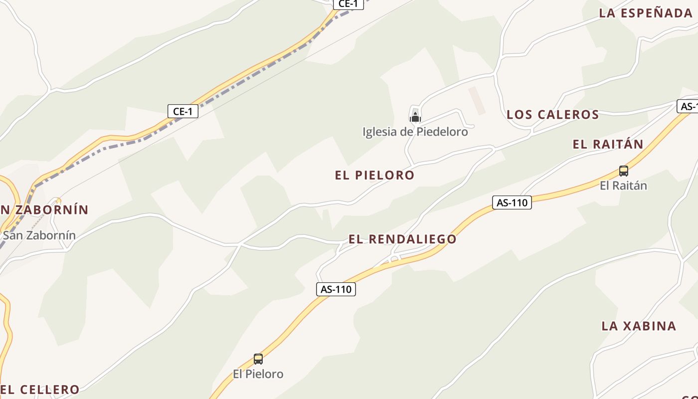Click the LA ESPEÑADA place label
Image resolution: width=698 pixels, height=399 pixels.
[x=646, y=13]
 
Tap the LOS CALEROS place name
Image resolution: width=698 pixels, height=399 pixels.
[x=552, y=115]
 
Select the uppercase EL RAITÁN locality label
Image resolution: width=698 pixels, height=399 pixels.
[x=608, y=145]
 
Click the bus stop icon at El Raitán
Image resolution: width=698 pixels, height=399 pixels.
[x=623, y=171]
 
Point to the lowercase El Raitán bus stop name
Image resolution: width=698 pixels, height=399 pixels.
[x=623, y=186]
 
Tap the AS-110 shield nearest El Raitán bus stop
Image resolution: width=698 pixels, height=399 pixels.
[x=512, y=202]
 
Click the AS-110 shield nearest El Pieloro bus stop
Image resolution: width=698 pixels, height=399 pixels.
[x=336, y=289]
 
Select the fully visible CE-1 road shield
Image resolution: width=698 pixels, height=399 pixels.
[x=183, y=111]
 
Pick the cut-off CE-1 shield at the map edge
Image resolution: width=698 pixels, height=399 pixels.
[x=348, y=4]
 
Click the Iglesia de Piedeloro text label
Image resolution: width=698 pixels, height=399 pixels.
[x=415, y=132]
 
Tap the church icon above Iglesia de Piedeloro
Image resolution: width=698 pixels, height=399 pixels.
[x=415, y=118]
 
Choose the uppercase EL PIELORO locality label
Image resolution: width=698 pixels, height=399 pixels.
[x=374, y=175]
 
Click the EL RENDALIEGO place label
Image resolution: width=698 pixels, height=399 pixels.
[x=402, y=239]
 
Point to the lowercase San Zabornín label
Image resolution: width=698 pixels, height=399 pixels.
[x=39, y=235]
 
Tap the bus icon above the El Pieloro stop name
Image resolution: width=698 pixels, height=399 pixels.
[x=258, y=359]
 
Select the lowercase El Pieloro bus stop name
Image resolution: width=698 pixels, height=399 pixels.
[x=258, y=374]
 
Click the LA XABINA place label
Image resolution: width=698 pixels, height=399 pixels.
[x=639, y=326]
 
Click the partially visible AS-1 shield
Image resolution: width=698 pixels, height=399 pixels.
[x=688, y=106]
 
